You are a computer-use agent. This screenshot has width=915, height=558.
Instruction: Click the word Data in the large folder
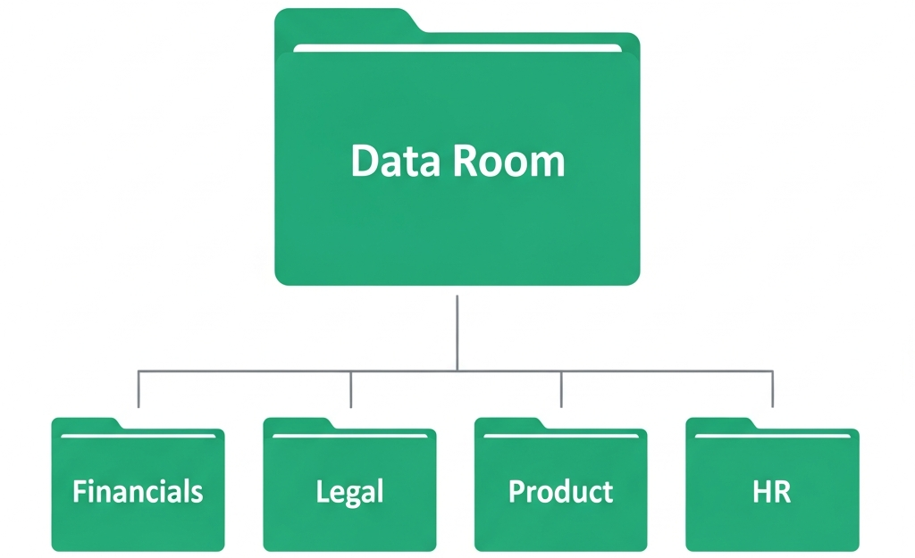click(395, 161)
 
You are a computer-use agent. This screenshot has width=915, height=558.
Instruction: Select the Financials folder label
click(138, 491)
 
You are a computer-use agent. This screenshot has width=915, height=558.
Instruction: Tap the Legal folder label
click(349, 493)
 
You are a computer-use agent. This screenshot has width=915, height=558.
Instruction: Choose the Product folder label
click(561, 491)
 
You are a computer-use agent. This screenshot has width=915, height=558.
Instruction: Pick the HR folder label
click(771, 492)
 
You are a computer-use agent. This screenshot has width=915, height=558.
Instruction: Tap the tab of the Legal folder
click(298, 424)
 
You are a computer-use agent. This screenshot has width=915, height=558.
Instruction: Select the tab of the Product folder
click(508, 424)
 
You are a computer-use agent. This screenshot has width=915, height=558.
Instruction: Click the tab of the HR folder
click(720, 424)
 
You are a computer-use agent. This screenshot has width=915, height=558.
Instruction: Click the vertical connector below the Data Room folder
click(457, 333)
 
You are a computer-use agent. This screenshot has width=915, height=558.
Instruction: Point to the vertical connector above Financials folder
click(139, 389)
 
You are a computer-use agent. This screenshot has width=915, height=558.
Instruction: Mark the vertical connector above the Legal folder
click(350, 389)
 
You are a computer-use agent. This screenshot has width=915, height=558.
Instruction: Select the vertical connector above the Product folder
click(561, 389)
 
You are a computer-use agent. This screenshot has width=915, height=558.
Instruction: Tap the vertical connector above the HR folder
click(773, 389)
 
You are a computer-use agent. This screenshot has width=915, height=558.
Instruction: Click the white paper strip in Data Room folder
click(457, 48)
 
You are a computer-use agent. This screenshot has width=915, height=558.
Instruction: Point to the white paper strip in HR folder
click(773, 436)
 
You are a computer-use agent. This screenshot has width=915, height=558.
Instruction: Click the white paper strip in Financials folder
click(139, 436)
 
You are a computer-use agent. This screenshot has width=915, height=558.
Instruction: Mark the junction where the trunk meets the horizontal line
click(457, 371)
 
